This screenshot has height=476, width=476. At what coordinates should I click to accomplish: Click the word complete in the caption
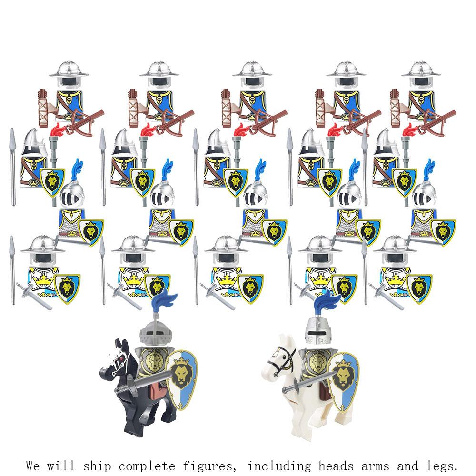click(x=147, y=466)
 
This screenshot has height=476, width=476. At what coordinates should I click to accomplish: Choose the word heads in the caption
click(x=336, y=465)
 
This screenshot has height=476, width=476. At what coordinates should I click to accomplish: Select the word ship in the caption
click(x=97, y=466)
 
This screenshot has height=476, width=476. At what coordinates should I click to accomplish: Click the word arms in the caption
click(x=375, y=466)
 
